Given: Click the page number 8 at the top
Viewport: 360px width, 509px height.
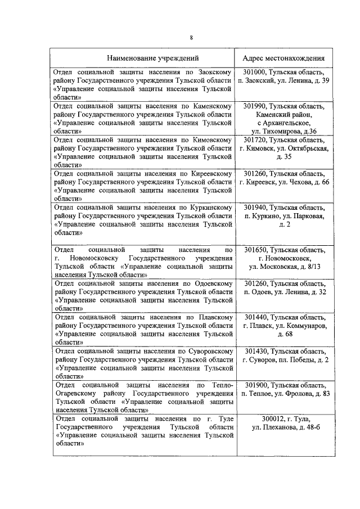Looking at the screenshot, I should pos(191,37).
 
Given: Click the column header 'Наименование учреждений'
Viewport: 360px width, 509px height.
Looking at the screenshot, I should pos(145,58).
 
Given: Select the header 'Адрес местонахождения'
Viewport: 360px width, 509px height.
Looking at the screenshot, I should pos(283,58).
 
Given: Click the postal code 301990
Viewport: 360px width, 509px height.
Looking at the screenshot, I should pos(255,106).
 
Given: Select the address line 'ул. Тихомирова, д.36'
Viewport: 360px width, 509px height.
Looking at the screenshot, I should pos(283,131).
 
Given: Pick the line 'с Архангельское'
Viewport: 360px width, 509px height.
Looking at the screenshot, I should pos(283,123).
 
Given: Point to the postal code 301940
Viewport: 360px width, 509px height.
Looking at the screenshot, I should pos(255,208).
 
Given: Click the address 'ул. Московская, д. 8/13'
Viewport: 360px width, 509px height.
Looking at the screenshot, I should pos(283,267).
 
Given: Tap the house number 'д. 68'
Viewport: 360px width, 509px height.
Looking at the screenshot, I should pos(283,334).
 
